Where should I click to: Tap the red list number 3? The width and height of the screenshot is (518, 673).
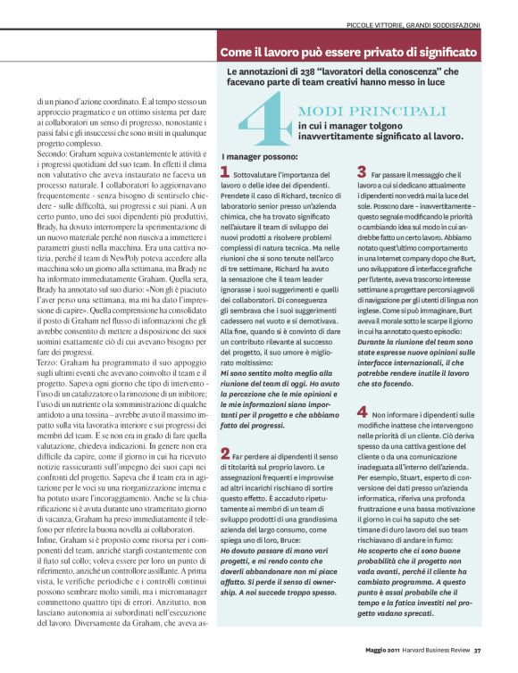(362, 171)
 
